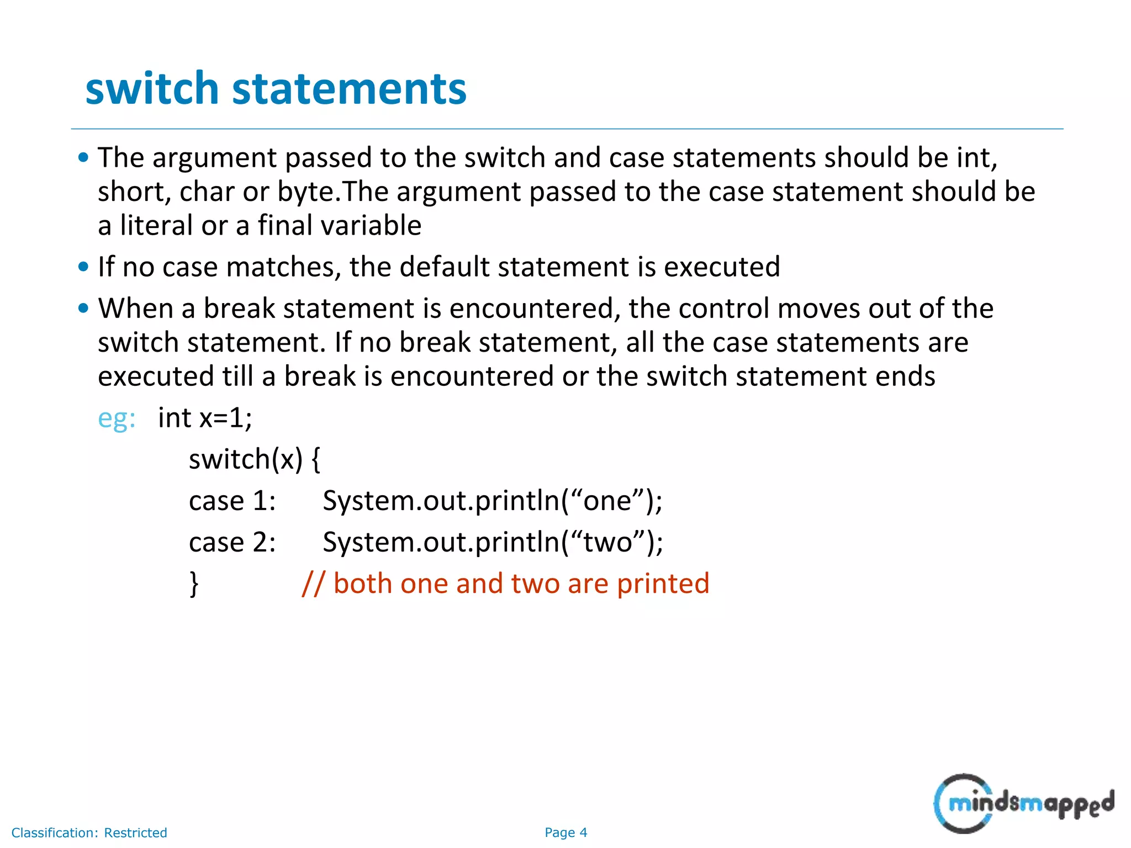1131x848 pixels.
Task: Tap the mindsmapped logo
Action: click(1023, 803)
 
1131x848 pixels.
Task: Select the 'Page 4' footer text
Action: click(565, 833)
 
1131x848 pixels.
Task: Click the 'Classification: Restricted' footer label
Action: click(89, 833)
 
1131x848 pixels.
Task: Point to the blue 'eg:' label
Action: click(117, 418)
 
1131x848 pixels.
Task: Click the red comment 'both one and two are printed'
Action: click(505, 584)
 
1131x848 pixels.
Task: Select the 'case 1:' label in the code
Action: click(232, 501)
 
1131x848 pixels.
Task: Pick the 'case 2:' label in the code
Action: click(232, 542)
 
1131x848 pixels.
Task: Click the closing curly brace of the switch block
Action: click(194, 584)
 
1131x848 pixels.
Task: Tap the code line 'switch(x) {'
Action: click(254, 459)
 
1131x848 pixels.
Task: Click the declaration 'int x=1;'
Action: click(205, 418)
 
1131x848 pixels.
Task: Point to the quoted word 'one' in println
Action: click(607, 501)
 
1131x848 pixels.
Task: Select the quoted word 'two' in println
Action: click(607, 542)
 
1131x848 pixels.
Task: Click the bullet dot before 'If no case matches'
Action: click(83, 267)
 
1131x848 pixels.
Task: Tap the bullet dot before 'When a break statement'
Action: click(83, 309)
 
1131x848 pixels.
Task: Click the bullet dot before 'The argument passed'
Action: click(83, 158)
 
